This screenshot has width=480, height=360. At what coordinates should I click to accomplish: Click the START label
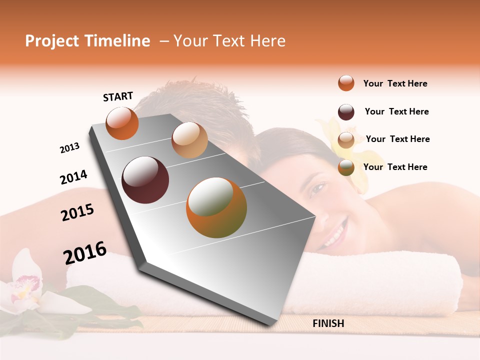pyautogui.click(x=118, y=96)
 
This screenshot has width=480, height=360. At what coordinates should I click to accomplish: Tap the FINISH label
pyautogui.click(x=328, y=323)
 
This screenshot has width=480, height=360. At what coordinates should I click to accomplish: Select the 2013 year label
pyautogui.click(x=69, y=148)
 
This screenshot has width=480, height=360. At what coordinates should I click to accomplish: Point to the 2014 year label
pyautogui.click(x=73, y=177)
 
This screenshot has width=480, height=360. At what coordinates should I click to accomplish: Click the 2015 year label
pyautogui.click(x=77, y=212)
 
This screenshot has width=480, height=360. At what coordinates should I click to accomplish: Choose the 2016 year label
pyautogui.click(x=85, y=253)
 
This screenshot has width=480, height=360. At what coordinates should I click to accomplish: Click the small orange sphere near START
pyautogui.click(x=122, y=123)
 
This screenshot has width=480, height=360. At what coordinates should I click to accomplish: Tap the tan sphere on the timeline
pyautogui.click(x=189, y=140)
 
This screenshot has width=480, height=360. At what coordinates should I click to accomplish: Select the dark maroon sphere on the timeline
pyautogui.click(x=145, y=180)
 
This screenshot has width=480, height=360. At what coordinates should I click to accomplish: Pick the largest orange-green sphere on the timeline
pyautogui.click(x=216, y=207)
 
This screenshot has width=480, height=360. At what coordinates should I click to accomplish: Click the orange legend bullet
pyautogui.click(x=346, y=83)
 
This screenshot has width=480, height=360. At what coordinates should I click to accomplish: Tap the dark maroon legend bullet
pyautogui.click(x=346, y=112)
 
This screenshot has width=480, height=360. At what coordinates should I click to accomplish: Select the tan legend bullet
pyautogui.click(x=346, y=140)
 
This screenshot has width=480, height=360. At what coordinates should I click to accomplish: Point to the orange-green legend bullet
pyautogui.click(x=346, y=167)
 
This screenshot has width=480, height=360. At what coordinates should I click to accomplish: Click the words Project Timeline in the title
pyautogui.click(x=87, y=41)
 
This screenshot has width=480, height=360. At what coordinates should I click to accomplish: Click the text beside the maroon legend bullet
pyautogui.click(x=396, y=111)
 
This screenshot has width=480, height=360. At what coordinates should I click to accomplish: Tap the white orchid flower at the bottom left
pyautogui.click(x=25, y=287)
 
